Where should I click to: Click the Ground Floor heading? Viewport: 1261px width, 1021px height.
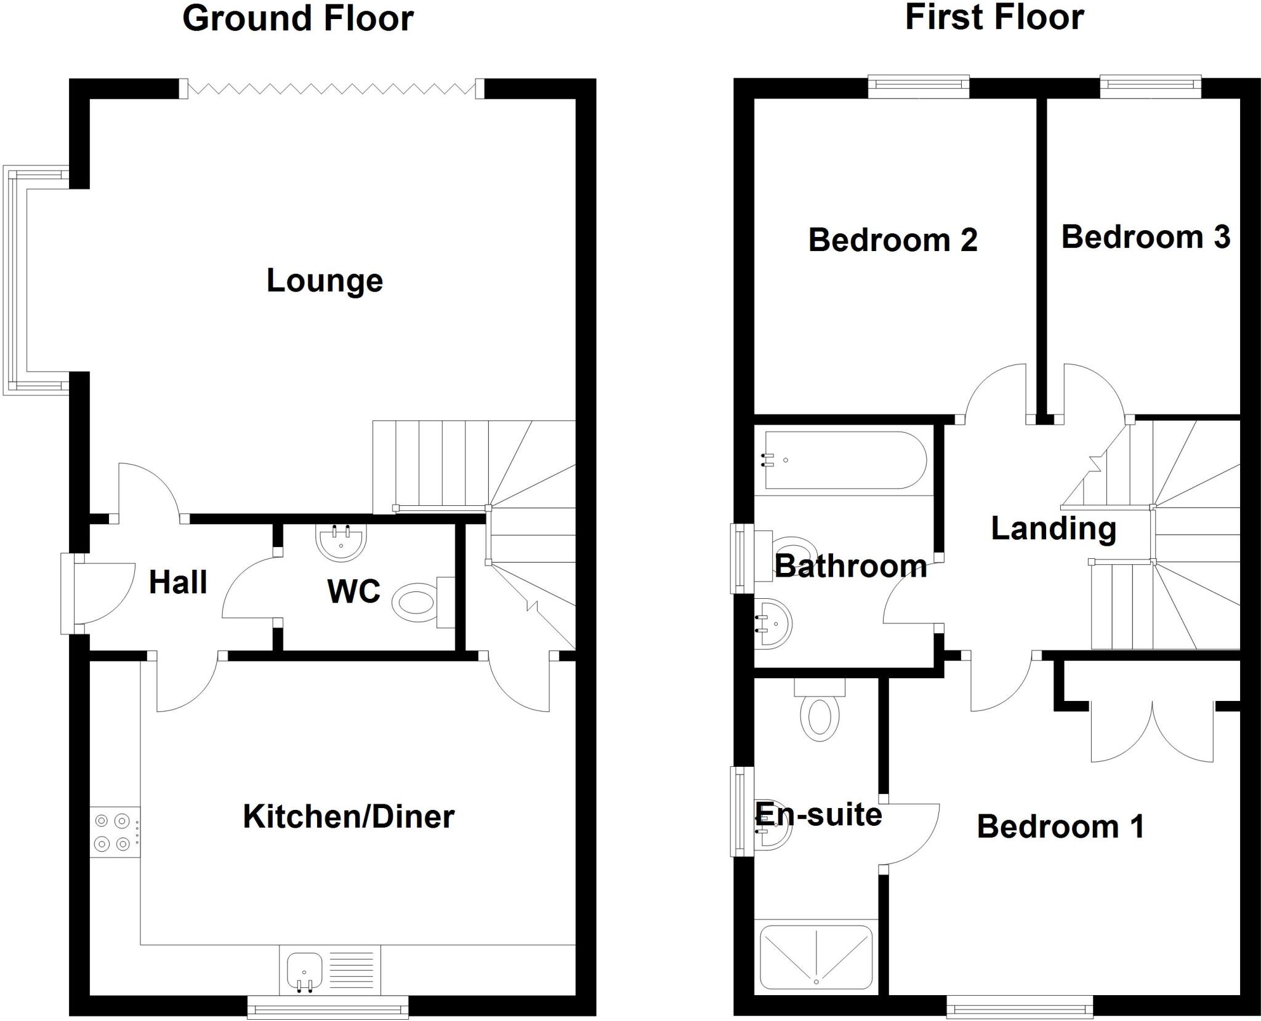[x=298, y=18]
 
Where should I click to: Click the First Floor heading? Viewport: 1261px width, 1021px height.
[x=994, y=17]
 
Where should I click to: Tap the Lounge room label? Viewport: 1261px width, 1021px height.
[x=324, y=281]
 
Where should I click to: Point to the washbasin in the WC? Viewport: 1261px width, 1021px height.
[x=341, y=542]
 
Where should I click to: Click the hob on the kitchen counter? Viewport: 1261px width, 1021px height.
[x=115, y=832]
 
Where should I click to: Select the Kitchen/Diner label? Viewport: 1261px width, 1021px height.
[x=348, y=817]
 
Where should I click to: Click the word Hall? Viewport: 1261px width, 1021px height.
[x=178, y=582]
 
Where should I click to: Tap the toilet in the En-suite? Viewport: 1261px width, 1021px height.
[x=820, y=714]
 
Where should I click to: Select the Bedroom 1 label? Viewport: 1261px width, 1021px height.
[x=1060, y=827]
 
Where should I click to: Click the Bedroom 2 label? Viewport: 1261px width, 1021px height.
[x=892, y=240]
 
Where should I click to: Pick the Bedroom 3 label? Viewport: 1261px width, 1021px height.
[x=1145, y=237]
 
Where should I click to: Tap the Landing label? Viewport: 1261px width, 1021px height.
[x=1054, y=528]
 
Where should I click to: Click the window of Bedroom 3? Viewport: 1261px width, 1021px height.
[x=1150, y=86]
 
